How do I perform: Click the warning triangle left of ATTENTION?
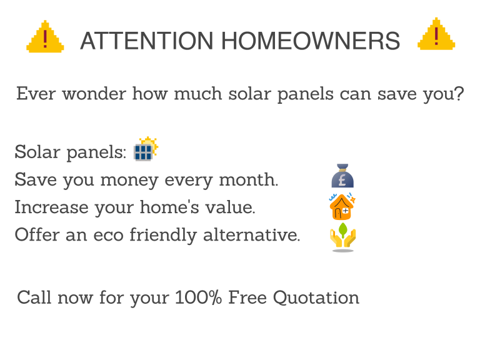[x=44, y=37]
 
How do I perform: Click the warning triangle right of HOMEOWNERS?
[x=436, y=35]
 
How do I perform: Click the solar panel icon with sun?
[x=146, y=149]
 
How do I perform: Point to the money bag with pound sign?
[x=342, y=177]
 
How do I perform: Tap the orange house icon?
[x=342, y=206]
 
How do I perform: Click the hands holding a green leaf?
[x=342, y=237]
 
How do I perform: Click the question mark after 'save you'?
[x=459, y=95]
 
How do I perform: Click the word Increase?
[x=51, y=207]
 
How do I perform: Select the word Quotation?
[x=319, y=297]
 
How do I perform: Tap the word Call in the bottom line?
[x=34, y=297]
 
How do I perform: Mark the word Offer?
[x=36, y=236]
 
